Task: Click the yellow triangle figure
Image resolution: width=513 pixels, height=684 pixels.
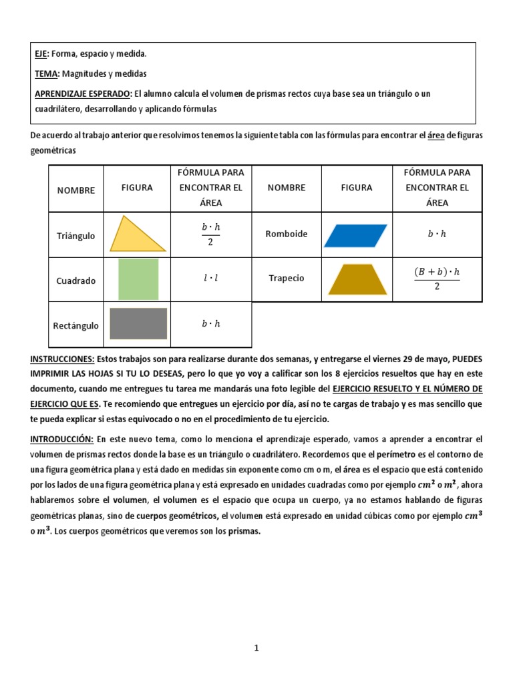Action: (139, 236)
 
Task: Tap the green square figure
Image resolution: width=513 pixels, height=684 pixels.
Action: (138, 281)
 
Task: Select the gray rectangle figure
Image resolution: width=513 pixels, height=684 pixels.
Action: (138, 323)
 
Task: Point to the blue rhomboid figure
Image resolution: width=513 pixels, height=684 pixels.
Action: (356, 235)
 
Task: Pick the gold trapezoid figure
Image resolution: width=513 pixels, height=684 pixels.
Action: (357, 279)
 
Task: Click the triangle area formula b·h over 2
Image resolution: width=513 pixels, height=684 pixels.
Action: (210, 234)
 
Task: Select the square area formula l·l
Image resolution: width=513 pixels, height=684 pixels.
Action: (210, 279)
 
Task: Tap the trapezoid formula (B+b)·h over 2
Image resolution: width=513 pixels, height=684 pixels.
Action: (437, 279)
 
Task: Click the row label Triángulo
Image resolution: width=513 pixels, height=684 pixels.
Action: (75, 236)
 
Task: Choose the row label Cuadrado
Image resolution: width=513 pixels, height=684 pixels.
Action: (75, 281)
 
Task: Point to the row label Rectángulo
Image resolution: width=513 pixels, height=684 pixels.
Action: (75, 326)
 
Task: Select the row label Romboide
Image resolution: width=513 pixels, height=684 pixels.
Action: (286, 234)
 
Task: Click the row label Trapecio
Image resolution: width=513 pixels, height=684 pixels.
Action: (286, 278)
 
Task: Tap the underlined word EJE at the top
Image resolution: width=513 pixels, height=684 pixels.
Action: (42, 53)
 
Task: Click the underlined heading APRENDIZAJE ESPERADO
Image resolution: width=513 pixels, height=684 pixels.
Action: (82, 94)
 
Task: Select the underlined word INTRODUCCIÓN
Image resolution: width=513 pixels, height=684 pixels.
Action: (61, 440)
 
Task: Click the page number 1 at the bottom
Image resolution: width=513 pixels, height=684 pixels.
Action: (256, 647)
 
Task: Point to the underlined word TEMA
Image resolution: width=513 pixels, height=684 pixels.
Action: (47, 73)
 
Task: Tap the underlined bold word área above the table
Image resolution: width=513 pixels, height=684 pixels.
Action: (436, 136)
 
